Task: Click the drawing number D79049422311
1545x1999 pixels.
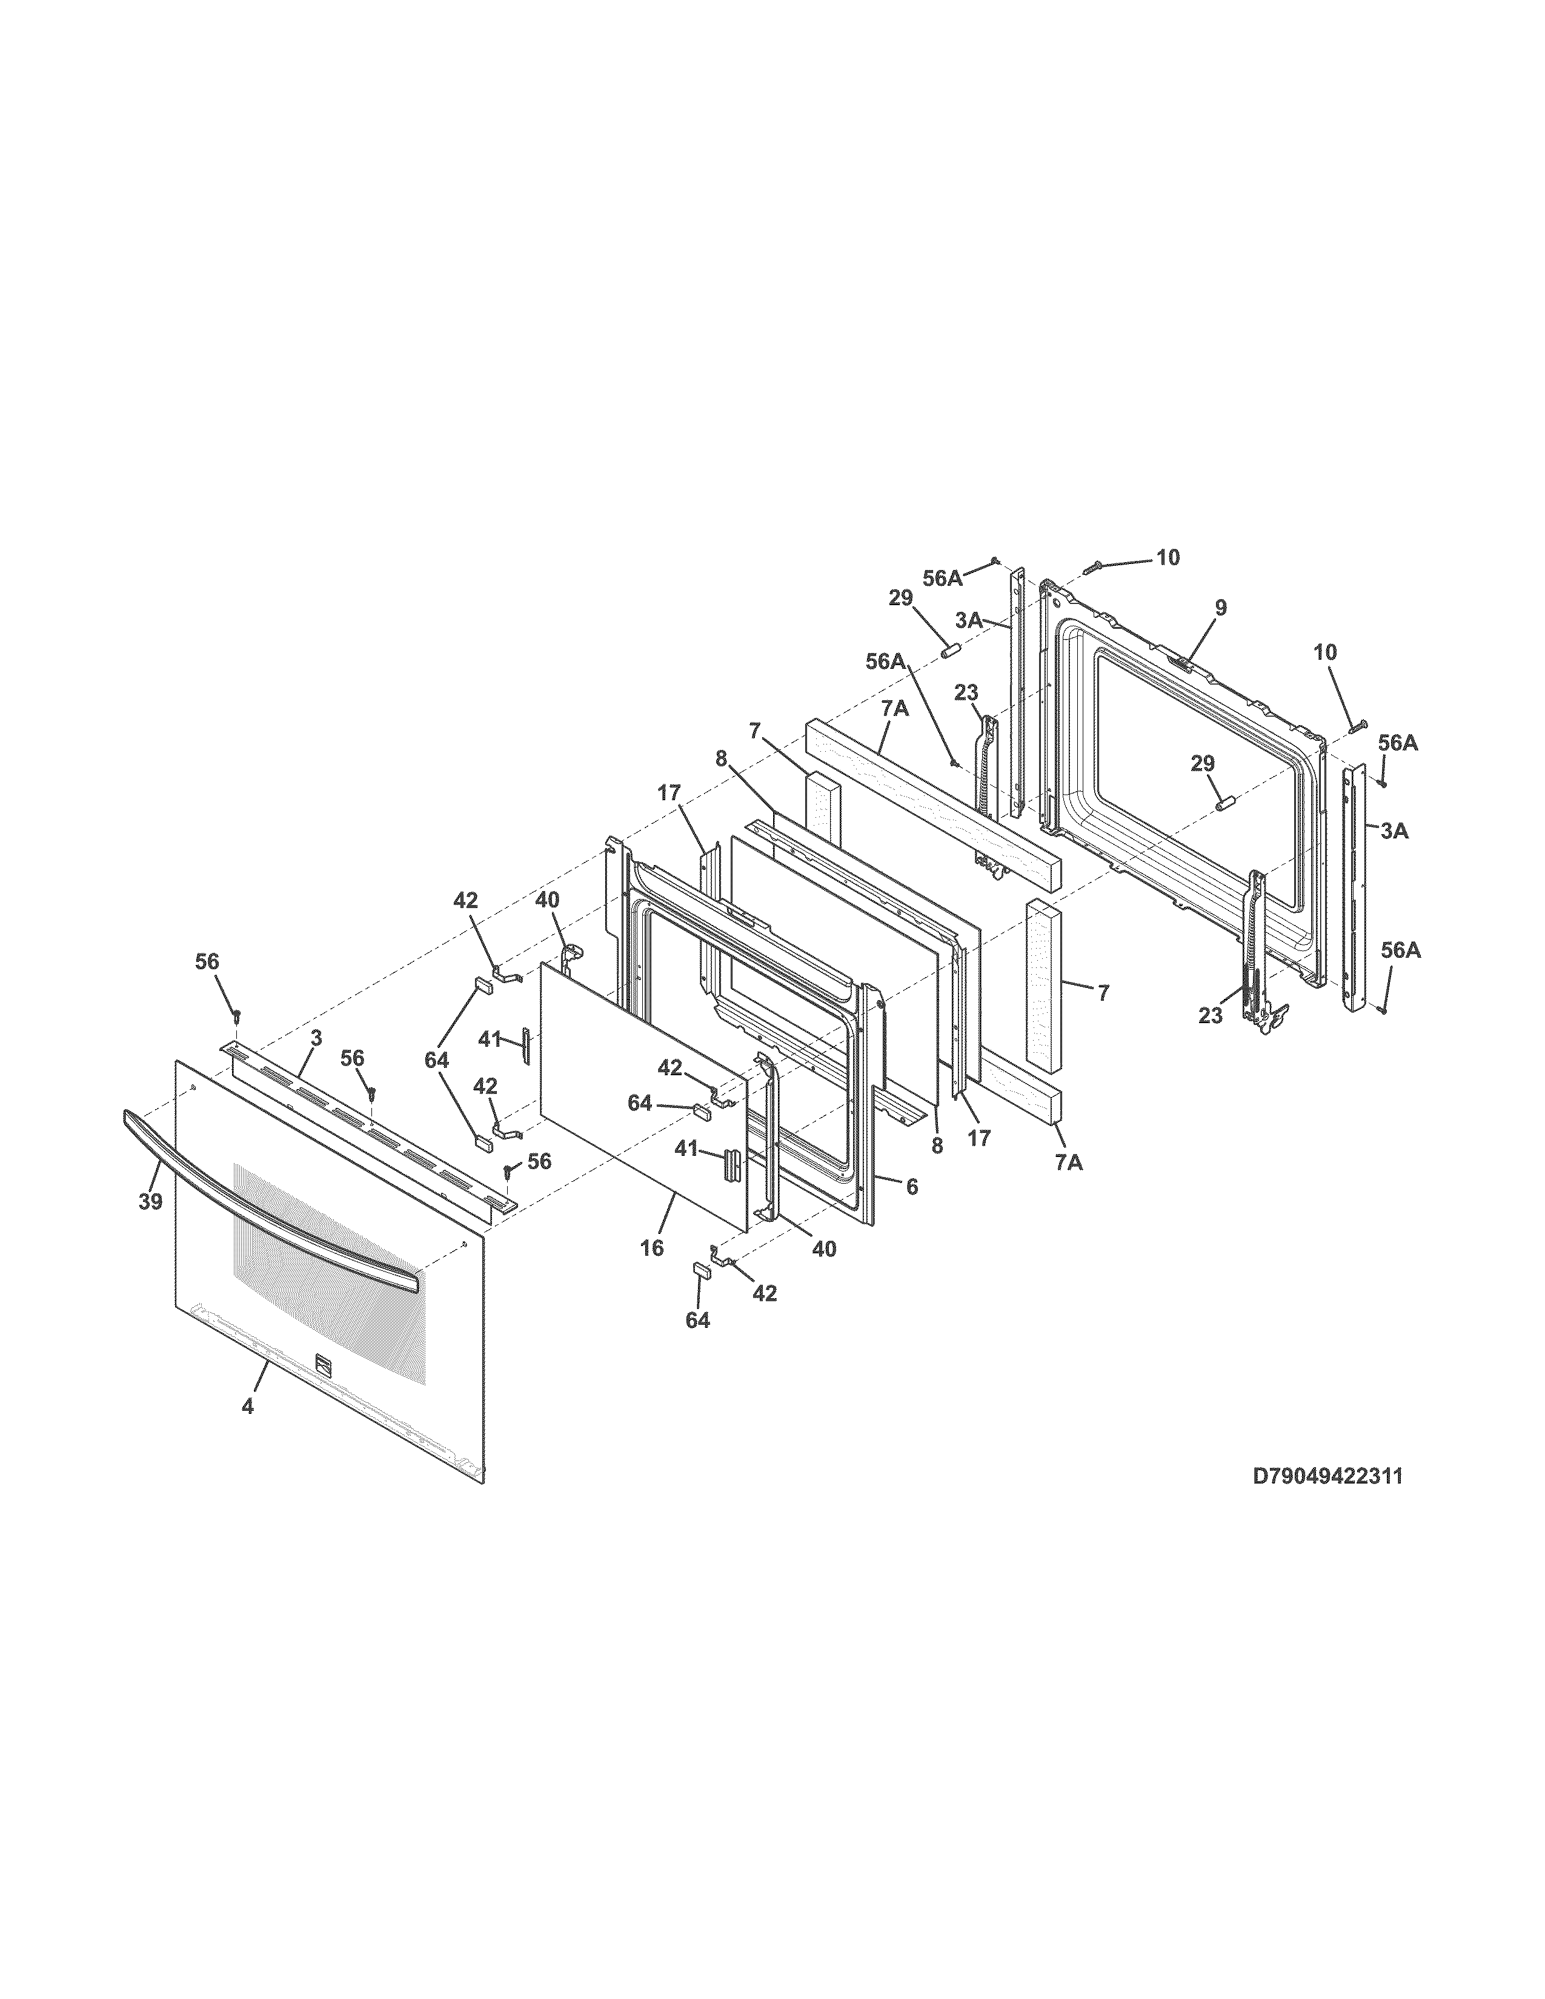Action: (x=1327, y=1502)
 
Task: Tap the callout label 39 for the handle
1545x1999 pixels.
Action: (x=150, y=1202)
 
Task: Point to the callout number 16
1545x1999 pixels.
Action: (x=652, y=1247)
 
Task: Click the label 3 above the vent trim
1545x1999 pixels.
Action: (x=316, y=1038)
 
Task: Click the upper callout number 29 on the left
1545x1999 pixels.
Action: (x=900, y=598)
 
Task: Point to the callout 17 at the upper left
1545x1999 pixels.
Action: (x=669, y=794)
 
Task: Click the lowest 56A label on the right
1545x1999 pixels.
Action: (x=1400, y=951)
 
